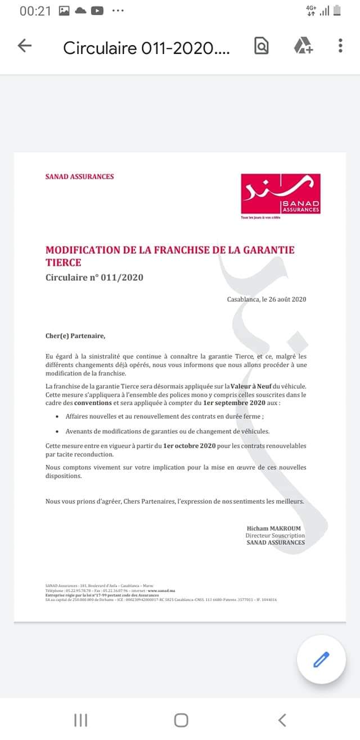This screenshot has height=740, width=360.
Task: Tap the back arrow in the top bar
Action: [x=25, y=46]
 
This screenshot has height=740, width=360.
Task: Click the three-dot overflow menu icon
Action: [x=340, y=46]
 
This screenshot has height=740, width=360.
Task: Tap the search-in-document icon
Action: [x=261, y=46]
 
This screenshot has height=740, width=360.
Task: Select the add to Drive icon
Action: [x=303, y=46]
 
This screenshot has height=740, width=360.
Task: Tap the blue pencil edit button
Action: [x=321, y=659]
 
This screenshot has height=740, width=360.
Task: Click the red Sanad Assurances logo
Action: [x=280, y=194]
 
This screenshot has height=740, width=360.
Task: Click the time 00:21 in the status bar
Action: [x=35, y=11]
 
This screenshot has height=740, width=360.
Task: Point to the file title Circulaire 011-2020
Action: [x=146, y=48]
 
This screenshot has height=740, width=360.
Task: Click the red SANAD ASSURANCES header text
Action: [x=79, y=177]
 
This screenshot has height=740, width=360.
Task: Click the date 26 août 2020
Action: [x=283, y=299]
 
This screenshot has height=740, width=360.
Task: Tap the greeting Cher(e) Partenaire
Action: [x=75, y=336]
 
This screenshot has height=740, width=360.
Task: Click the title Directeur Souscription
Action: [x=275, y=535]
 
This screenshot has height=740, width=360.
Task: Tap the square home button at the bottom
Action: [x=181, y=720]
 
